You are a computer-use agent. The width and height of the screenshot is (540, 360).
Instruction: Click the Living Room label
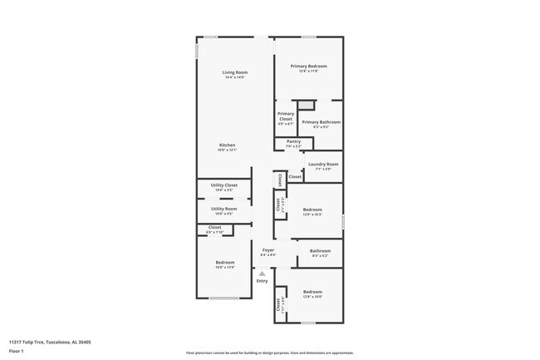pyautogui.click(x=235, y=73)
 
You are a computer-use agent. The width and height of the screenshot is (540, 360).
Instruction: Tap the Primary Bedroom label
pyautogui.click(x=308, y=66)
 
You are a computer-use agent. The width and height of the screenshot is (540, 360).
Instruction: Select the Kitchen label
pyautogui.click(x=227, y=145)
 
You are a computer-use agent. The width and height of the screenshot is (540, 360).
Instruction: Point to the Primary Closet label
pyautogui.click(x=286, y=116)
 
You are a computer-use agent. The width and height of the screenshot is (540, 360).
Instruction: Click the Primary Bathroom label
pyautogui.click(x=320, y=122)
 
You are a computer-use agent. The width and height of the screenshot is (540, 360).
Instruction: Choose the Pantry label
pyautogui.click(x=293, y=141)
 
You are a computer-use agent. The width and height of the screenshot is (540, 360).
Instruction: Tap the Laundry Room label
pyautogui.click(x=323, y=164)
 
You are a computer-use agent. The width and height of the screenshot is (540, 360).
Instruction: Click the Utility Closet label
pyautogui.click(x=223, y=185)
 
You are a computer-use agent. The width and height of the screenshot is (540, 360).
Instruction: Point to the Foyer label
pyautogui.click(x=268, y=249)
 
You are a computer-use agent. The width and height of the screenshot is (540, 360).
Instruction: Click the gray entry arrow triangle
pyautogui.click(x=262, y=273)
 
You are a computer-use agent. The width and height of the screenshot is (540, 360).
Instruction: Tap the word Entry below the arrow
pyautogui.click(x=262, y=281)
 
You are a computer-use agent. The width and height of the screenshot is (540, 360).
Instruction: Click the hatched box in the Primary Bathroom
pyautogui.click(x=307, y=105)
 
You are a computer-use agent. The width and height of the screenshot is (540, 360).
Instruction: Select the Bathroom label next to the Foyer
pyautogui.click(x=320, y=251)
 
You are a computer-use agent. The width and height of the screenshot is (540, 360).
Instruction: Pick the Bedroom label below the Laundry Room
pyautogui.click(x=312, y=210)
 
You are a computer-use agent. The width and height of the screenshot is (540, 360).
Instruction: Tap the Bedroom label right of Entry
pyautogui.click(x=312, y=291)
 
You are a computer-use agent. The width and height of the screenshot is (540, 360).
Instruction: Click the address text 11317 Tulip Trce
pyautogui.click(x=50, y=341)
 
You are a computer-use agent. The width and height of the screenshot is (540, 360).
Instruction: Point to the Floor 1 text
pyautogui.click(x=17, y=351)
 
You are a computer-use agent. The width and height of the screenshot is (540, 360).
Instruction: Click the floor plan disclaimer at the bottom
pyautogui.click(x=269, y=353)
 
